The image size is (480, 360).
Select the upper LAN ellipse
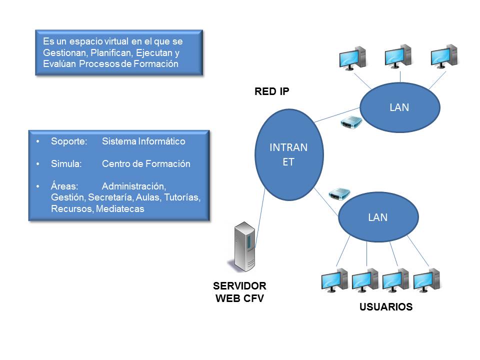coord(399,107)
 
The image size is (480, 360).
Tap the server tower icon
coord(245,248)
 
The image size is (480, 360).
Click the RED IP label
coord(272,91)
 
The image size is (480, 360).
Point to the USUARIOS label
coord(386,307)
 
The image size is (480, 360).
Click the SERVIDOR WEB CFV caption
coord(240,292)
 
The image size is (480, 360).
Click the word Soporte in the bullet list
coord(68,141)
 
